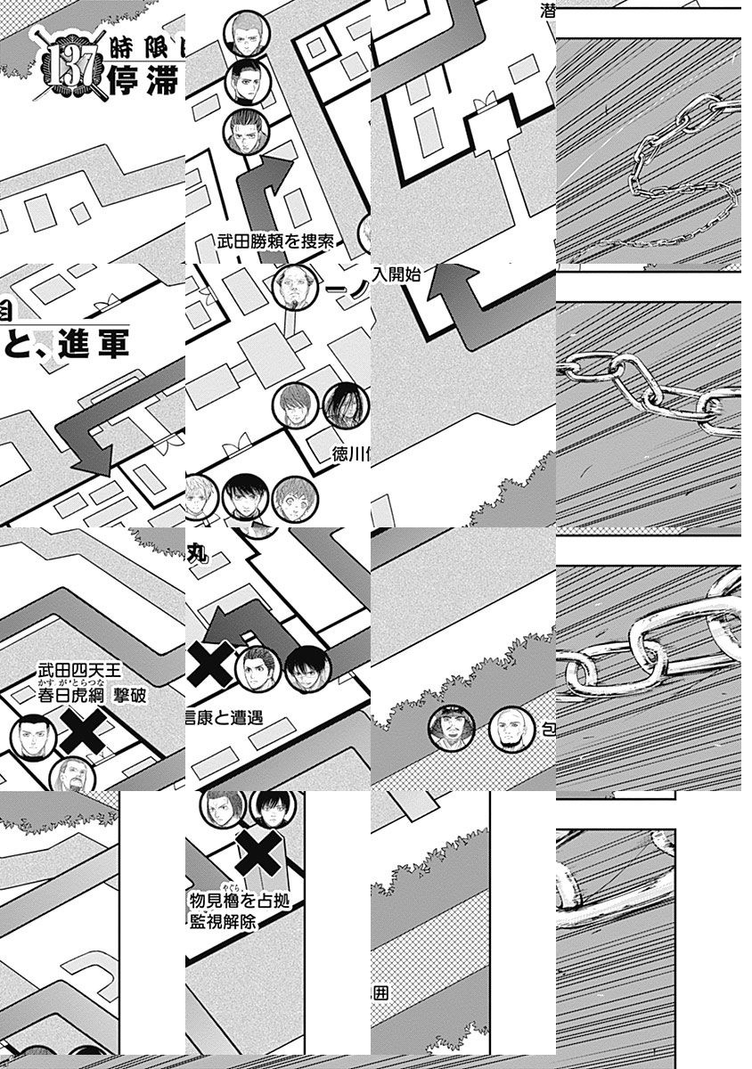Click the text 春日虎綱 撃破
[x=90, y=696]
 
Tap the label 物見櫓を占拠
[x=241, y=902]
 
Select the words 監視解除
[x=223, y=923]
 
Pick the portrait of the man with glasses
[x=295, y=287]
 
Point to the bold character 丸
[x=197, y=554]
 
